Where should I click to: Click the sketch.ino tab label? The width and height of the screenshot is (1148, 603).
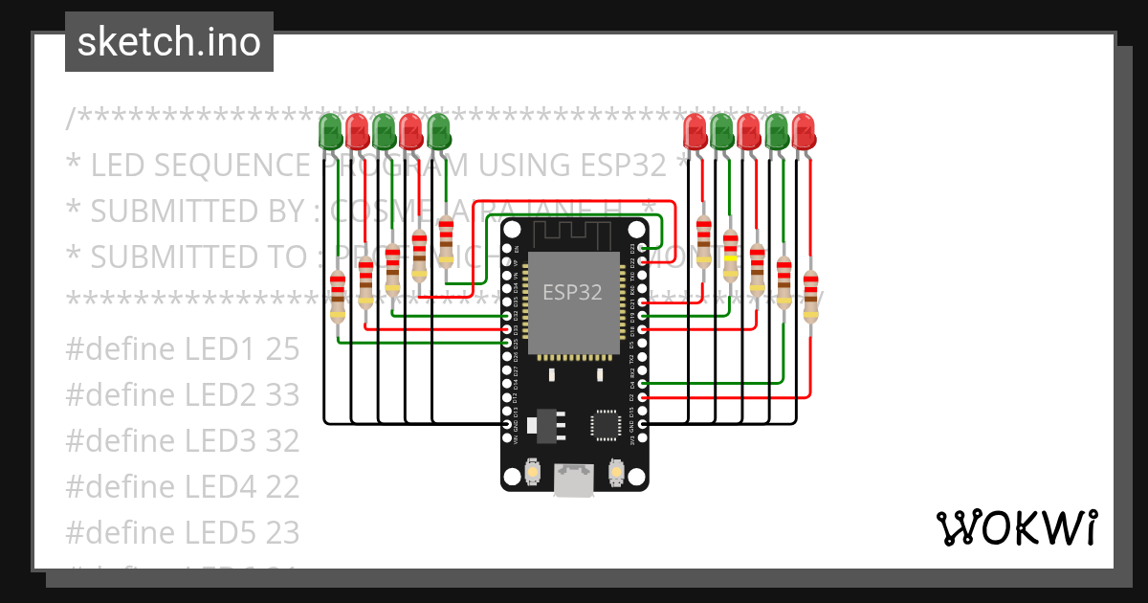coord(169,42)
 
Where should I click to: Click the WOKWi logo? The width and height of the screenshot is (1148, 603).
coord(1015,527)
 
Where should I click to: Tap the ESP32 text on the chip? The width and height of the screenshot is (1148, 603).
coord(572,292)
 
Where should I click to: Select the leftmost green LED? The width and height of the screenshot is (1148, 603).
coord(330,131)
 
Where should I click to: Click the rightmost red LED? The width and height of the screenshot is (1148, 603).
coord(803,131)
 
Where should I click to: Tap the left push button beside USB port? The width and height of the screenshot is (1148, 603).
coord(533,472)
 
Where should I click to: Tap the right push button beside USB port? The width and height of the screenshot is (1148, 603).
coord(616,472)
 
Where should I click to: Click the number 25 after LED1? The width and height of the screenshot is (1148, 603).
coord(282,349)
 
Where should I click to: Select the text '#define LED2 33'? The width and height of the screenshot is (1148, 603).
coord(182,395)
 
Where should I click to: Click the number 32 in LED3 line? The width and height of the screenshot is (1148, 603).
coord(282,441)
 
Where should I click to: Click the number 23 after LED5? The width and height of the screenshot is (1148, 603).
coord(282,532)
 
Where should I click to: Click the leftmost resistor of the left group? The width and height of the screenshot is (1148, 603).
coord(337,296)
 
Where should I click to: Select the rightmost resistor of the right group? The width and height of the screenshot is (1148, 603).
coord(810,296)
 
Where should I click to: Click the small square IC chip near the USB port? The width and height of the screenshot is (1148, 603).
coord(606,424)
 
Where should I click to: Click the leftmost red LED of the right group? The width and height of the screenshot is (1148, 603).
coord(695,131)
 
